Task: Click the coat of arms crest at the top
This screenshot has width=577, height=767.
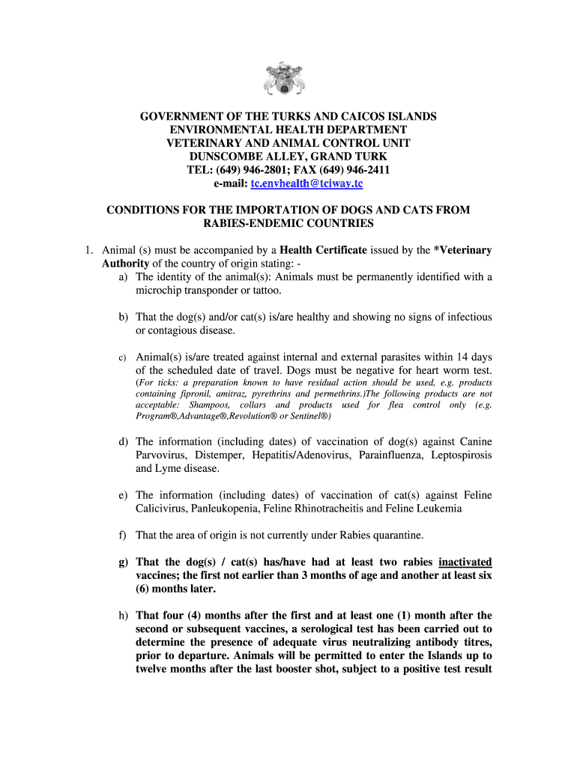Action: [x=288, y=78]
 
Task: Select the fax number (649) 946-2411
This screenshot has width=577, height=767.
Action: [x=353, y=170]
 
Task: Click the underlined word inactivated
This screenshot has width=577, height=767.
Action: [x=465, y=563]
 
